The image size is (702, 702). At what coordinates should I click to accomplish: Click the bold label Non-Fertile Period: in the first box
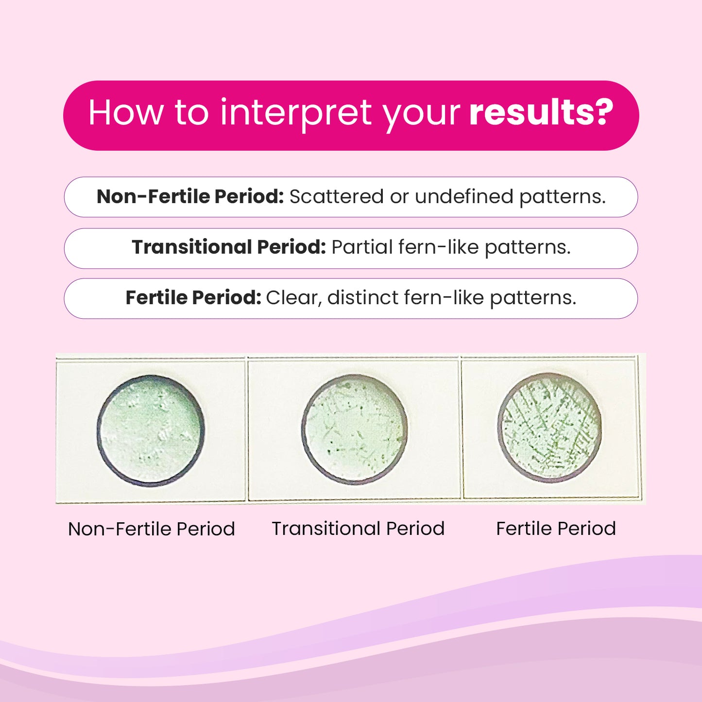tap(190, 197)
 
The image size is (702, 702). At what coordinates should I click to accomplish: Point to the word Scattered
tap(337, 197)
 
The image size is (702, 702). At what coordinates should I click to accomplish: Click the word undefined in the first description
tap(464, 197)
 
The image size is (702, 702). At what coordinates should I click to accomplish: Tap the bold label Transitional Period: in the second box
tap(229, 247)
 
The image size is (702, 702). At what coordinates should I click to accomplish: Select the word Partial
tap(362, 247)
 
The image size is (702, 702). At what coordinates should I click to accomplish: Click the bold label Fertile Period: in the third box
tap(193, 298)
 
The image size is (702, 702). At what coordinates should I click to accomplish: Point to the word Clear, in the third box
tap(294, 298)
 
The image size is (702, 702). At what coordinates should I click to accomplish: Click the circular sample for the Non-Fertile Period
tap(151, 430)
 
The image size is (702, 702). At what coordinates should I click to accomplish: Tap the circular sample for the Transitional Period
tap(355, 429)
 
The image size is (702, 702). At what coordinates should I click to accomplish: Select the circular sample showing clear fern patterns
tap(550, 428)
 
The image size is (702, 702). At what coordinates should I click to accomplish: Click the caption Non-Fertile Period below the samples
tap(152, 529)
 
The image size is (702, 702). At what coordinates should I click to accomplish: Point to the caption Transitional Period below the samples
tap(358, 529)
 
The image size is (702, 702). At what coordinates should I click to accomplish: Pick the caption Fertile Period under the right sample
tap(556, 529)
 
